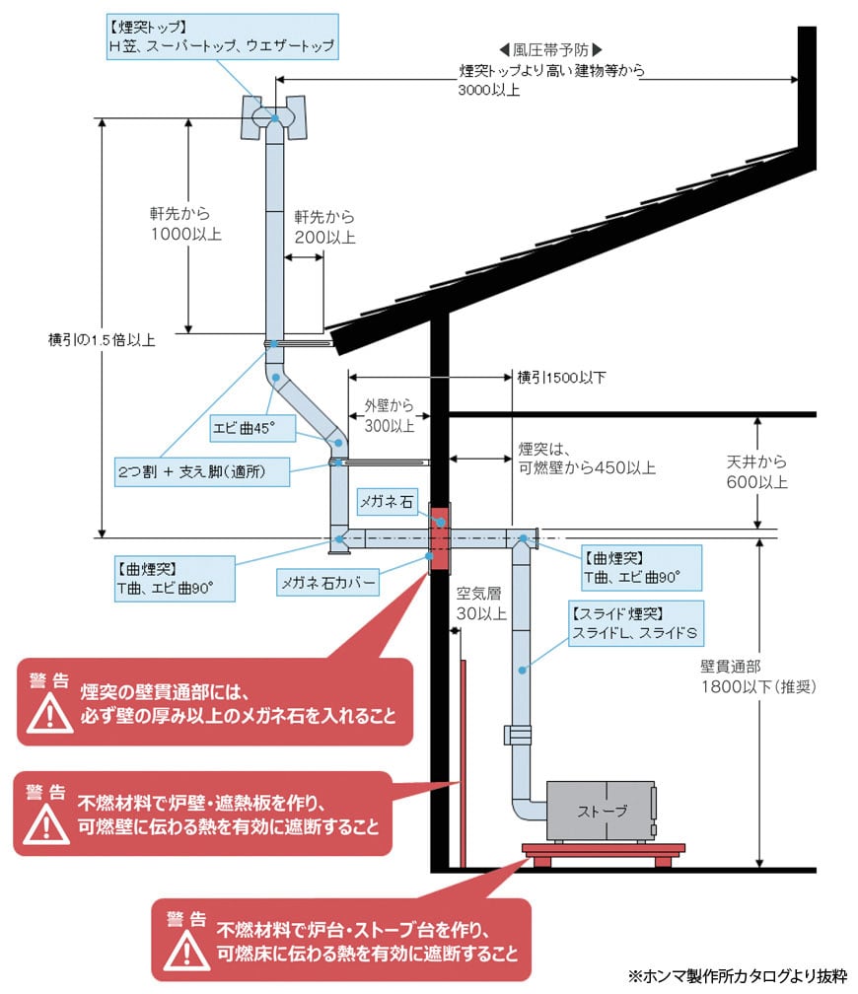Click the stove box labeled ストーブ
[x=601, y=812]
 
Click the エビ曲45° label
[x=243, y=427]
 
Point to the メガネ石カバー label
[x=328, y=582]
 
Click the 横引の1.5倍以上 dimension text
[x=103, y=340]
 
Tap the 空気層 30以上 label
[x=480, y=604]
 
